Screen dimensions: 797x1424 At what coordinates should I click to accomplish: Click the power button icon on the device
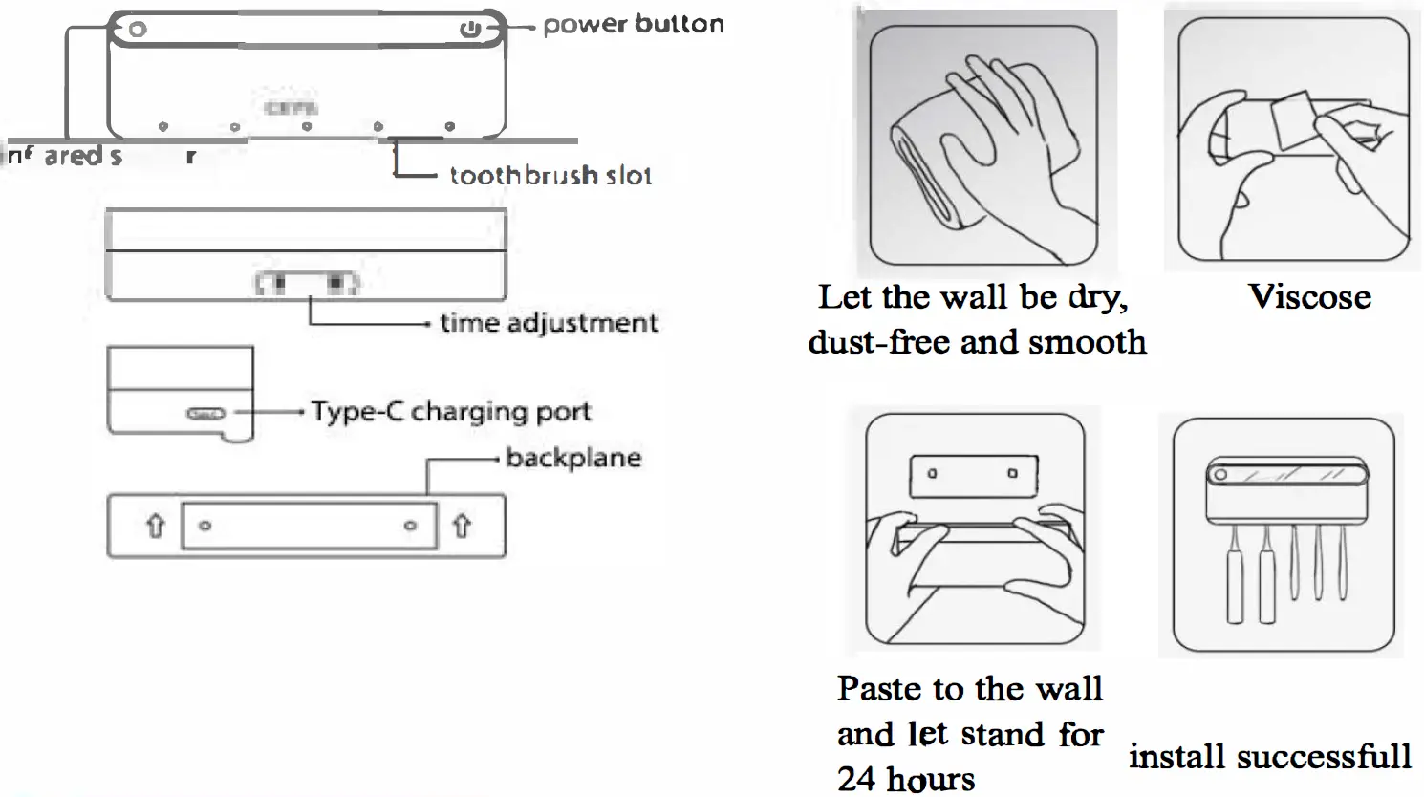[x=469, y=30]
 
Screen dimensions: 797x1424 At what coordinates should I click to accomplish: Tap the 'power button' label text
[x=633, y=25]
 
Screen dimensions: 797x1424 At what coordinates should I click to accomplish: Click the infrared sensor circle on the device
[x=138, y=30]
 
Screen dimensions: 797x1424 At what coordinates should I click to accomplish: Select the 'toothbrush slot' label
[x=550, y=175]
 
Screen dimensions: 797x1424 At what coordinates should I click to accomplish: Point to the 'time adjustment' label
[x=549, y=323]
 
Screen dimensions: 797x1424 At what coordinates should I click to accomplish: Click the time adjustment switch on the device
[x=307, y=284]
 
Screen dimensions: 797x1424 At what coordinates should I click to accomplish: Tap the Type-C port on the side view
[x=205, y=413]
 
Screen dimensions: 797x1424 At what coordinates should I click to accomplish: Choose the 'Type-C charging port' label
[x=451, y=412]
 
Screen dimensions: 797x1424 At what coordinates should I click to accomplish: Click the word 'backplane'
[x=572, y=458]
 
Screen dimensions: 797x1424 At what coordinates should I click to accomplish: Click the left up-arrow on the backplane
[x=155, y=526]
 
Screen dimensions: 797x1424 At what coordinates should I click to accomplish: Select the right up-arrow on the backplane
[x=462, y=526]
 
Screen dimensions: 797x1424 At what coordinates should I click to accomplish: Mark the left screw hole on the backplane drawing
[x=205, y=526]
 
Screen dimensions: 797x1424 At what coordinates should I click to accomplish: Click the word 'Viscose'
[x=1309, y=297]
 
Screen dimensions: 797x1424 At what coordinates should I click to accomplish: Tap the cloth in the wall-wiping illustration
[x=932, y=172]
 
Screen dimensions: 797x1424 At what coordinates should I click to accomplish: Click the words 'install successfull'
[x=1269, y=757]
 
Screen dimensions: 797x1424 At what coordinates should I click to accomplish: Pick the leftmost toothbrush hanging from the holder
[x=1235, y=583]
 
